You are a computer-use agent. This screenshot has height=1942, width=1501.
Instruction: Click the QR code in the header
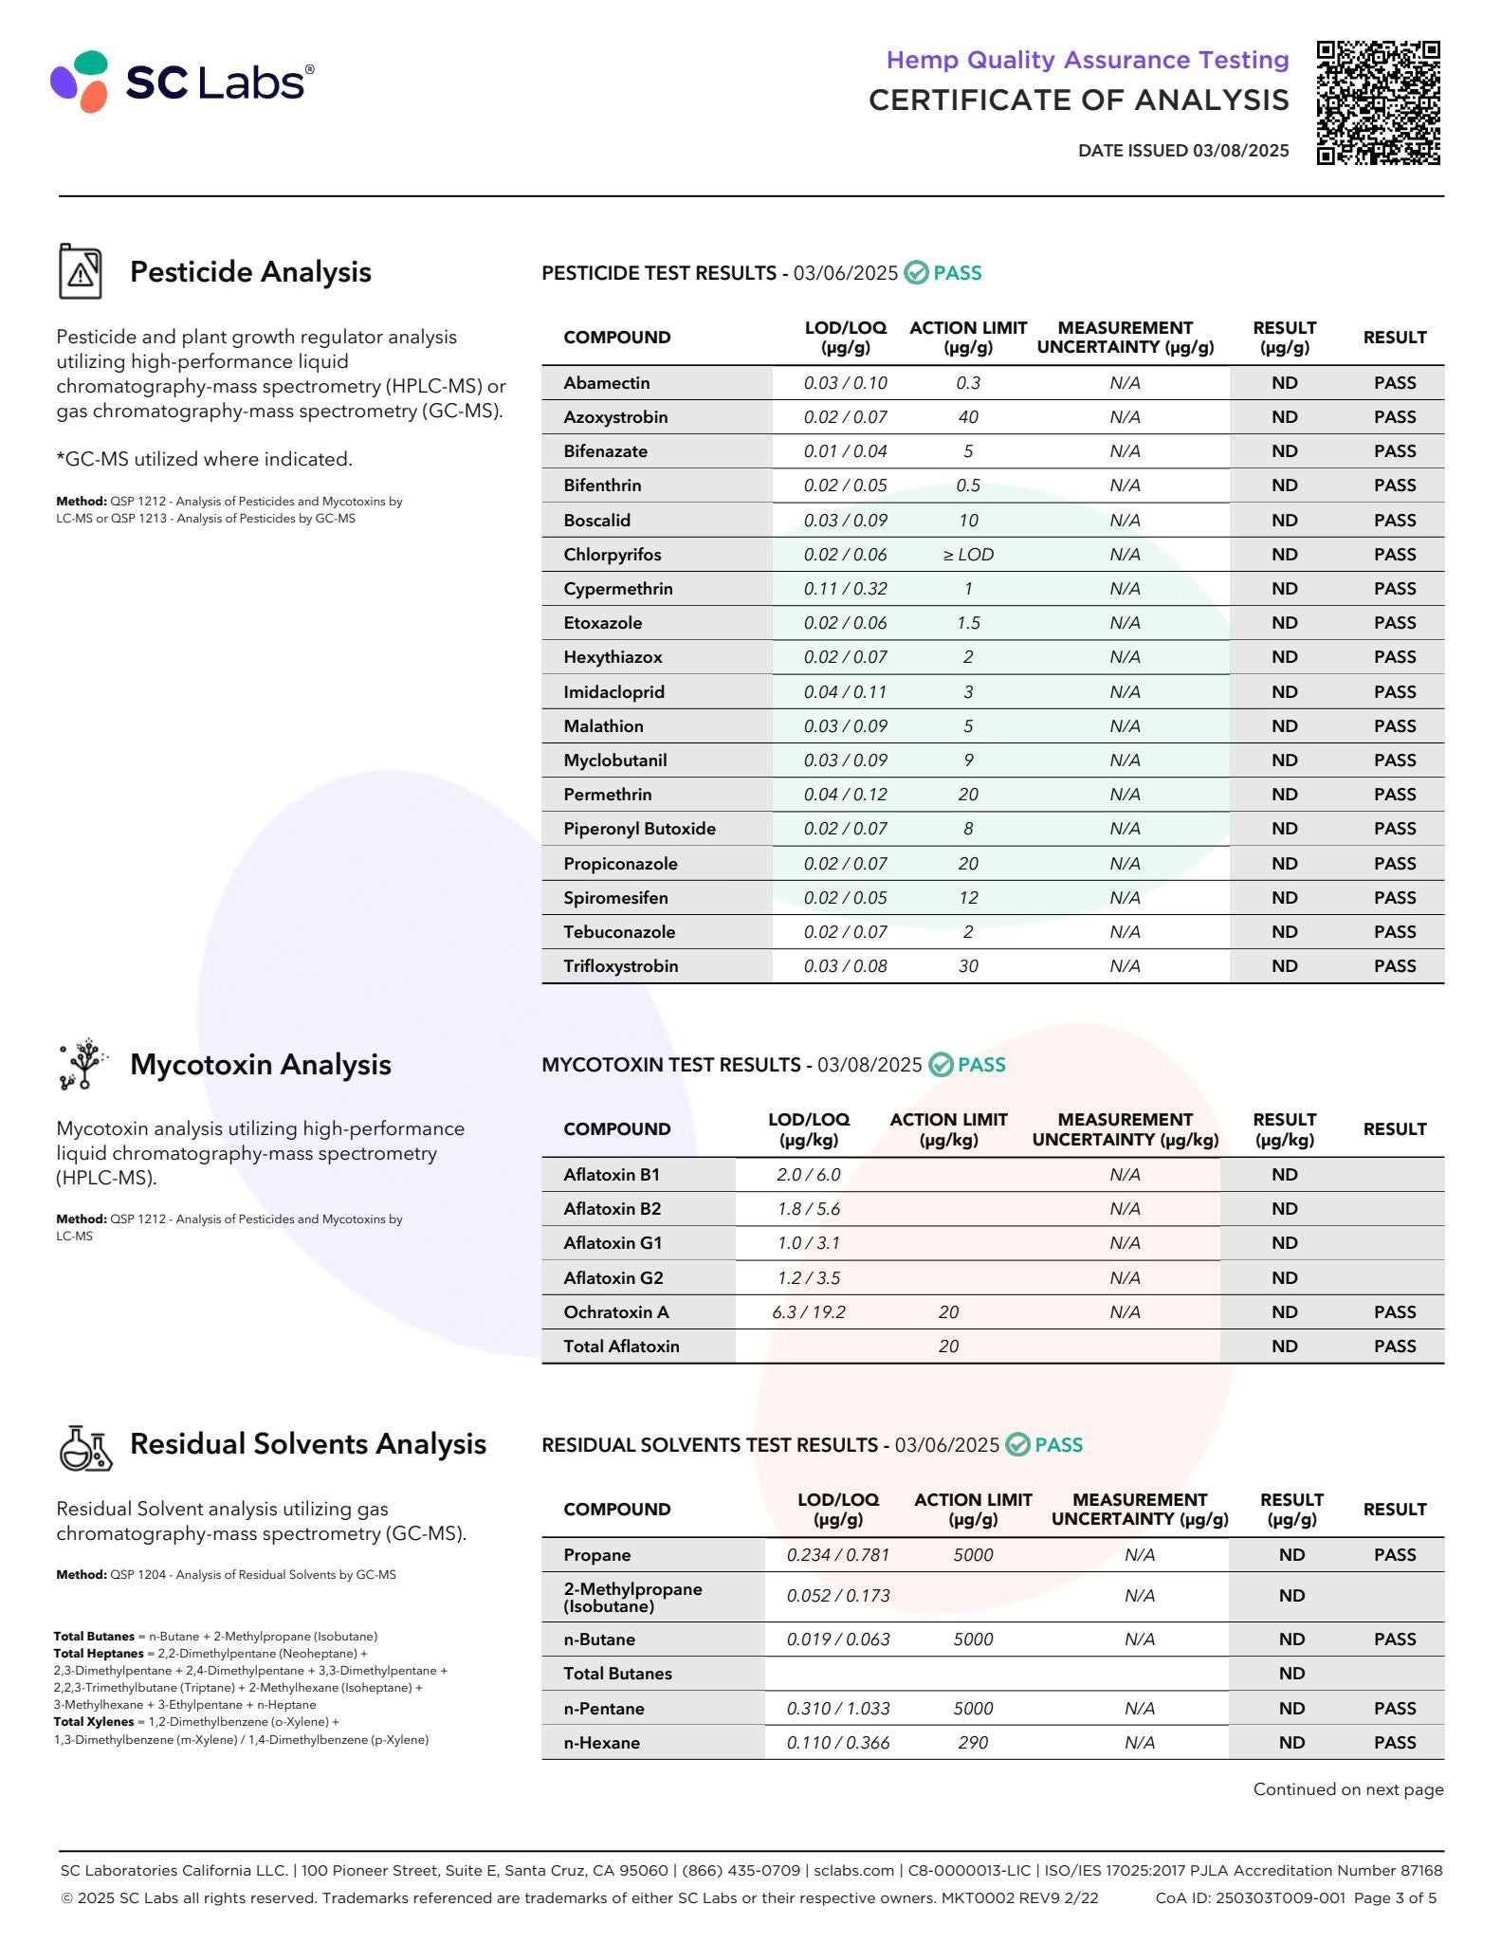pyautogui.click(x=1378, y=103)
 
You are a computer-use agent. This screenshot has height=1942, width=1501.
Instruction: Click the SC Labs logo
pyautogui.click(x=181, y=82)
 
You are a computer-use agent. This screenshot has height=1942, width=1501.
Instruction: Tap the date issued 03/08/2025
pyautogui.click(x=1182, y=151)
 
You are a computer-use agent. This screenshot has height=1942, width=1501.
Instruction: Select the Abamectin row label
pyautogui.click(x=606, y=383)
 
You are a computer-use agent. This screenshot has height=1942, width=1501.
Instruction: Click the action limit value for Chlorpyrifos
pyautogui.click(x=967, y=555)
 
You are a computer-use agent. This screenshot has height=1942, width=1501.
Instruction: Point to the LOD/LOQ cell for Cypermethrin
pyautogui.click(x=845, y=589)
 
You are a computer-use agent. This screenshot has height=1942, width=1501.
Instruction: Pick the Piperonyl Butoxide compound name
pyautogui.click(x=639, y=829)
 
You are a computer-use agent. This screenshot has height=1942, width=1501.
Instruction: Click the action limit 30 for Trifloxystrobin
pyautogui.click(x=967, y=966)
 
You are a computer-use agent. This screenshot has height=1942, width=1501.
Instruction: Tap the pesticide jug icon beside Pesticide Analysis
pyautogui.click(x=81, y=272)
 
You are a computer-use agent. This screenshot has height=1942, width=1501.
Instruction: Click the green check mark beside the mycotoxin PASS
pyautogui.click(x=941, y=1065)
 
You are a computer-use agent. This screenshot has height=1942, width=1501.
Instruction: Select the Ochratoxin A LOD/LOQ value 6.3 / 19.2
pyautogui.click(x=808, y=1312)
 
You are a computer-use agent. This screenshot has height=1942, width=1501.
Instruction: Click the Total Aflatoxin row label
pyautogui.click(x=621, y=1347)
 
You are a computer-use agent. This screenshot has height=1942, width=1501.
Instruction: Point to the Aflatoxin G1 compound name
pyautogui.click(x=613, y=1243)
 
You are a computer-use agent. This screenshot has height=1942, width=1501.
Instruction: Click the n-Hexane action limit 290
pyautogui.click(x=973, y=1743)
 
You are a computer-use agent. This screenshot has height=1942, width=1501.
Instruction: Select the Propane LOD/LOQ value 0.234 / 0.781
pyautogui.click(x=838, y=1555)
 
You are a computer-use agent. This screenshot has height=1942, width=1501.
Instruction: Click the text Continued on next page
pyautogui.click(x=1347, y=1789)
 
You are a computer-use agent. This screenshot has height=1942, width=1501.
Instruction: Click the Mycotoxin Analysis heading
pyautogui.click(x=260, y=1065)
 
